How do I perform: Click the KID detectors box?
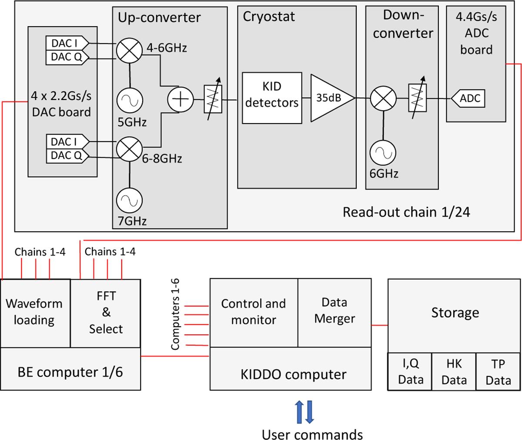pos(272,98)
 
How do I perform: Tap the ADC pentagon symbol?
pos(468,99)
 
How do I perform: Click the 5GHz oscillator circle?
pos(130,100)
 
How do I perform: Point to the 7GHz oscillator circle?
pos(130,200)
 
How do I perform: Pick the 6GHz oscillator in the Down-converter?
pos(383,153)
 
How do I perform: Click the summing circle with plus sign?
pos(180,99)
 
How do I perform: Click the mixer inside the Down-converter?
pos(383,98)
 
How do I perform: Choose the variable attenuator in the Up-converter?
pos(213,99)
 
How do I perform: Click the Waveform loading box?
pos(35,312)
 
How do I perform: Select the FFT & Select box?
pos(106,312)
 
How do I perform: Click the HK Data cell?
pos(454,372)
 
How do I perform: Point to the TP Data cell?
pos(498,372)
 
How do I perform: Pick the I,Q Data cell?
pos(410,372)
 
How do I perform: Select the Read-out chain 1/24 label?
pos(406,212)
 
